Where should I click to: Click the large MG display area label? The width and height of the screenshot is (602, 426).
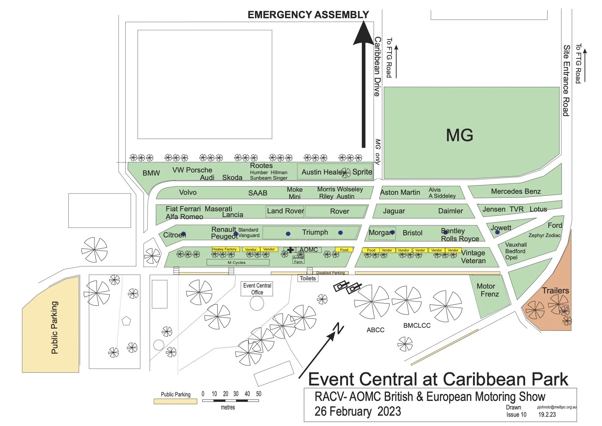coord(460,135)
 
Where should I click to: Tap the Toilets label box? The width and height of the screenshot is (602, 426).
coord(308,278)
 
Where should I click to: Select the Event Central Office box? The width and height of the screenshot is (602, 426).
coord(257,289)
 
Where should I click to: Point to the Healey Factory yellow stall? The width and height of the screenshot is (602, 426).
coord(225,249)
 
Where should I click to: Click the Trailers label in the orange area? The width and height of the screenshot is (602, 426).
coord(555,291)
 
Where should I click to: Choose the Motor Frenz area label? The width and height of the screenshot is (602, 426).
coord(489,290)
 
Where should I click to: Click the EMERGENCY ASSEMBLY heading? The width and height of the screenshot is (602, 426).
coord(308,15)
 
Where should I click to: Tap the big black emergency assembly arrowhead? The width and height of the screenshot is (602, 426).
coord(363,34)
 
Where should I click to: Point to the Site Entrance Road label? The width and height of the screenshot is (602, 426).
coord(566,80)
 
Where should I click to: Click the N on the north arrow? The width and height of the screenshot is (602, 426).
coord(339,328)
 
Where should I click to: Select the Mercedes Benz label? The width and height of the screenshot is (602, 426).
coord(516,191)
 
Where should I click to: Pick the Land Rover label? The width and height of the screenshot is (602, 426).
coord(286,211)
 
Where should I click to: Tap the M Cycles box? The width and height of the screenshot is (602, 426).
coord(237,262)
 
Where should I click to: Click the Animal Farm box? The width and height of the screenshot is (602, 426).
coord(298,260)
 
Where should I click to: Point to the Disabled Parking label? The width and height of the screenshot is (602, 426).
coord(330,273)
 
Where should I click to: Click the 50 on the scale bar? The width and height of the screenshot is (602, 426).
coord(258,394)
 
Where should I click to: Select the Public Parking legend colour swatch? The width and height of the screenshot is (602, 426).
coord(175,401)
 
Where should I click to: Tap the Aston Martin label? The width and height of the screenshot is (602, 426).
coord(400,192)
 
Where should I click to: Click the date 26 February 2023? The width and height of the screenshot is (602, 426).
coord(358,412)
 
